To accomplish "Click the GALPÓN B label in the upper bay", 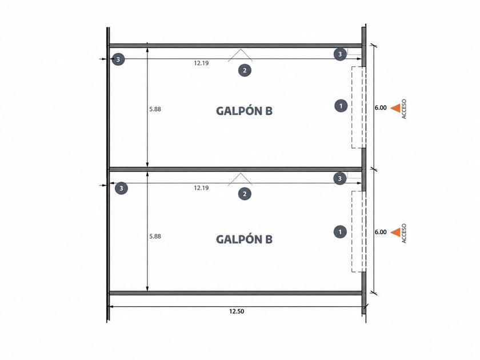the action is tap(244, 110).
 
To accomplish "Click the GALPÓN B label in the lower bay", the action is tap(244, 239).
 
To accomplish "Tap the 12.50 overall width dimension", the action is tap(237, 311).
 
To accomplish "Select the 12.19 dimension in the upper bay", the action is tap(201, 63).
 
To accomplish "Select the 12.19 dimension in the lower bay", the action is tap(201, 187).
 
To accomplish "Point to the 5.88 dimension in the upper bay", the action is tap(155, 109).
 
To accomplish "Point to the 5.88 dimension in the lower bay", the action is tap(155, 237).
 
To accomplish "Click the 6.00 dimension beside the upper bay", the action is tap(381, 108).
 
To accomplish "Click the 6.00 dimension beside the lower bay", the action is tap(381, 232).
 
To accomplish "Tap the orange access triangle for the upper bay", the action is tap(396, 108).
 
